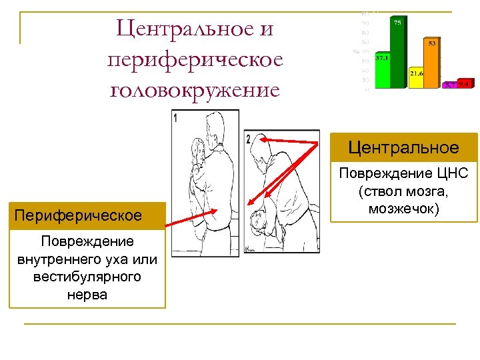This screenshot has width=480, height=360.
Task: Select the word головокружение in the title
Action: tap(195, 89)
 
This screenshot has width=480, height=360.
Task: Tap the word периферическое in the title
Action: tap(195, 59)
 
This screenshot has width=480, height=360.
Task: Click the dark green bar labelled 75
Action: tap(398, 53)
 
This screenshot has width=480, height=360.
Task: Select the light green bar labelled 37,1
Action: tap(382, 71)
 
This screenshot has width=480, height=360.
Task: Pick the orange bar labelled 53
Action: tap(432, 63)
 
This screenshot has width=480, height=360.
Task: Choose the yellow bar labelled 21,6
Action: tap(417, 78)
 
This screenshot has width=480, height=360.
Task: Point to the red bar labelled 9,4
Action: tap(464, 84)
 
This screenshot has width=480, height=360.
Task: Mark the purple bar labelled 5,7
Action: tap(450, 85)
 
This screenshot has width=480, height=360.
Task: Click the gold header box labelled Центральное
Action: tap(406, 147)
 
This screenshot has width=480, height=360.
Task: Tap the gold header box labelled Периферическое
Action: tap(87, 216)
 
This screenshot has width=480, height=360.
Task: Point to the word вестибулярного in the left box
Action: tap(87, 276)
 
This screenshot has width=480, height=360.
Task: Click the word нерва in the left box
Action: tap(87, 293)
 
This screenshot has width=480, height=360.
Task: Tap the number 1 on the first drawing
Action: tap(175, 118)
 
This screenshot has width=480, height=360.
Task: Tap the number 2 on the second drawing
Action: tap(248, 139)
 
